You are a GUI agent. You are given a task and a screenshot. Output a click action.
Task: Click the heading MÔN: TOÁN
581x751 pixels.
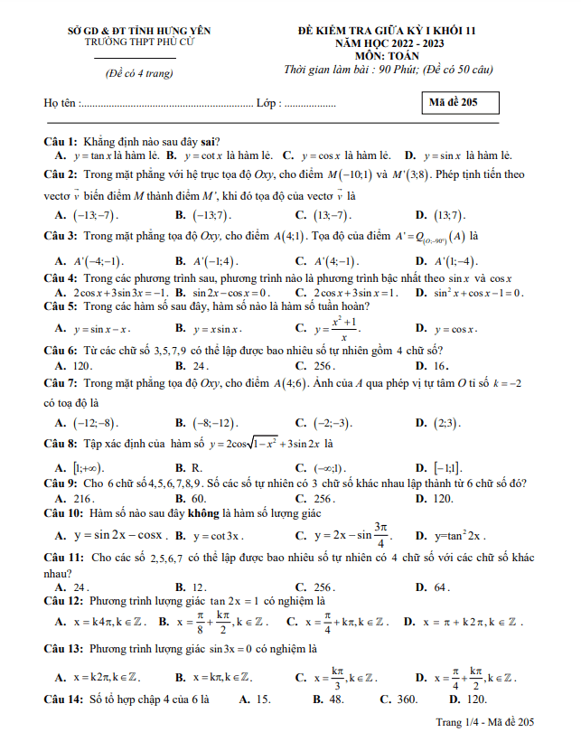399,54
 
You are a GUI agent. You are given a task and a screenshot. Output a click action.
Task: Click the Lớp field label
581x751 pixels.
268,103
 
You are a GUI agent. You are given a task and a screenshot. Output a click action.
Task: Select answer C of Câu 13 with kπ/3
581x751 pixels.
336,677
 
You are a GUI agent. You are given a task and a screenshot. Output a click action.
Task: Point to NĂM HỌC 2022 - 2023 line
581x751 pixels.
399,42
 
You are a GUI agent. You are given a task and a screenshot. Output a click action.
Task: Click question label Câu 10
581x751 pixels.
63,513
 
